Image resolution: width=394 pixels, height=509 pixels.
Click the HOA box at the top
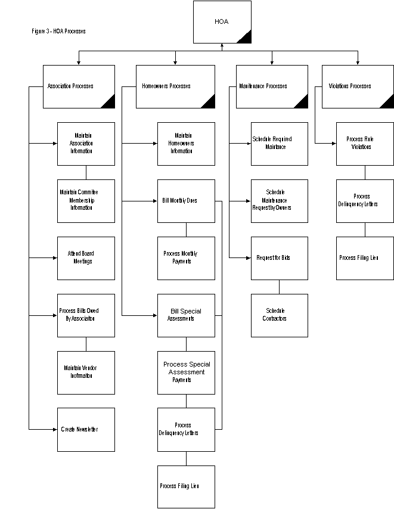click(x=222, y=22)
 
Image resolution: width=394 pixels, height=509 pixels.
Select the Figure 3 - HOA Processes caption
click(x=58, y=30)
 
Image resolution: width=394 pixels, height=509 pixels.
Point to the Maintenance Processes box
click(x=272, y=86)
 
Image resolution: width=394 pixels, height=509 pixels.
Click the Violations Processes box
click(x=358, y=86)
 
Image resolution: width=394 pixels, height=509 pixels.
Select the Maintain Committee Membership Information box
click(x=86, y=201)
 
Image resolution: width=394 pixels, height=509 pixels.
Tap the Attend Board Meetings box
click(x=86, y=258)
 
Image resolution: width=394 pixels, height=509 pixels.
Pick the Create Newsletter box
click(x=86, y=429)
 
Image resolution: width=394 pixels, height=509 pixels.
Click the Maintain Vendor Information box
click(x=86, y=373)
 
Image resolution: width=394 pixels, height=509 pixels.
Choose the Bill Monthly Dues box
click(x=186, y=201)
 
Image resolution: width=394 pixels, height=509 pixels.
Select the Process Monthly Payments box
click(x=186, y=258)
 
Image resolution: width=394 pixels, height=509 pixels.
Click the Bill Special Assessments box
click(x=186, y=315)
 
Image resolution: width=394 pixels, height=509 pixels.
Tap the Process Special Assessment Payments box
click(x=186, y=373)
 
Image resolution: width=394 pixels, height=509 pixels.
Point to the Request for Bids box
click(x=279, y=258)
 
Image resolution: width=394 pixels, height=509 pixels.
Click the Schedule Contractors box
click(x=279, y=315)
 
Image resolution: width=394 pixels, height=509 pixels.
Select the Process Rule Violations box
click(x=365, y=144)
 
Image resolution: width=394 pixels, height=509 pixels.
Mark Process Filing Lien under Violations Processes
click(x=365, y=258)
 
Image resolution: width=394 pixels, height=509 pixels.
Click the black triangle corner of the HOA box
click(x=244, y=37)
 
